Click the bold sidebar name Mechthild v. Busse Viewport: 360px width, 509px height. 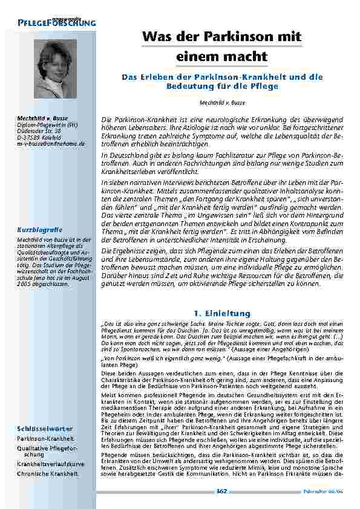(x=42, y=117)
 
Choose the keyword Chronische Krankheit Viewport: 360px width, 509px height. (x=48, y=473)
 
